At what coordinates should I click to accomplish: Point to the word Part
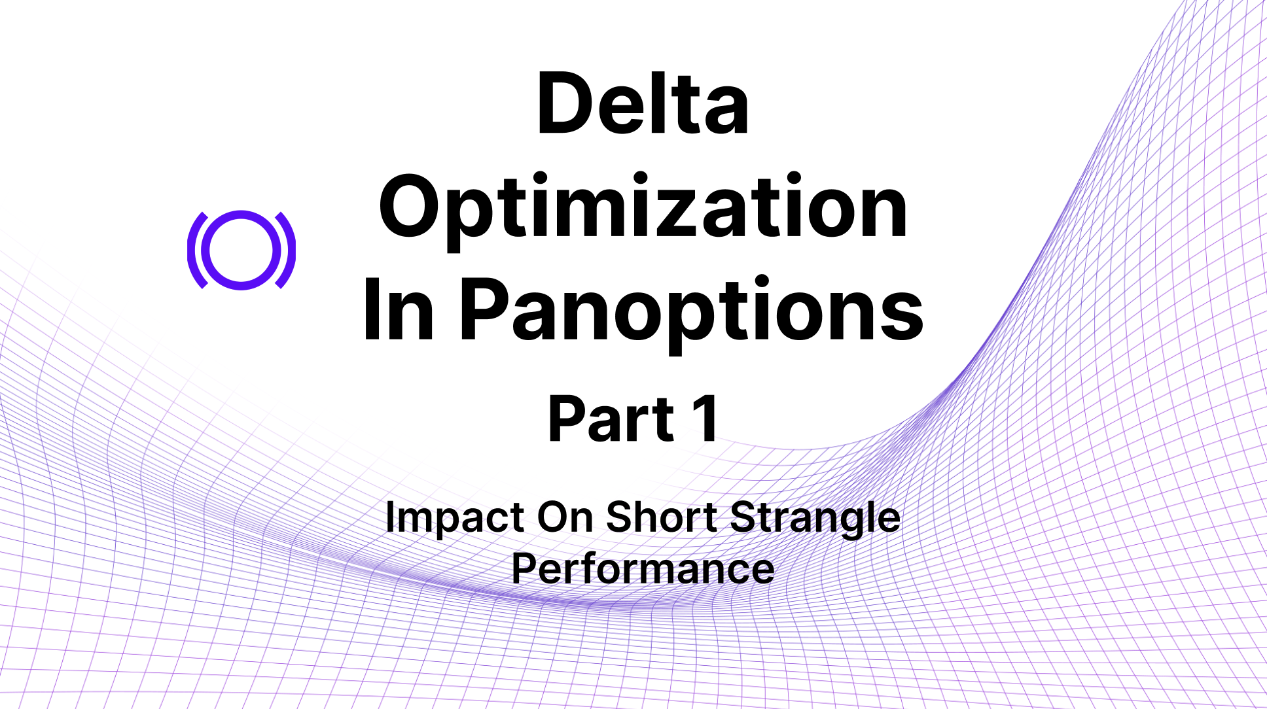pos(611,419)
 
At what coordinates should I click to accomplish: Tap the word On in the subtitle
pos(565,517)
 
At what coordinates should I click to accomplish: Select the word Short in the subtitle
pos(662,517)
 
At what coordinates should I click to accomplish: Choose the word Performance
pos(643,569)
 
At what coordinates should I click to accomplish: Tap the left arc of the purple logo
pos(191,250)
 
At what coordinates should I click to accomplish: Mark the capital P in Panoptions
pos(487,309)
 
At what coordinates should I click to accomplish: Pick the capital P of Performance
pos(525,569)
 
